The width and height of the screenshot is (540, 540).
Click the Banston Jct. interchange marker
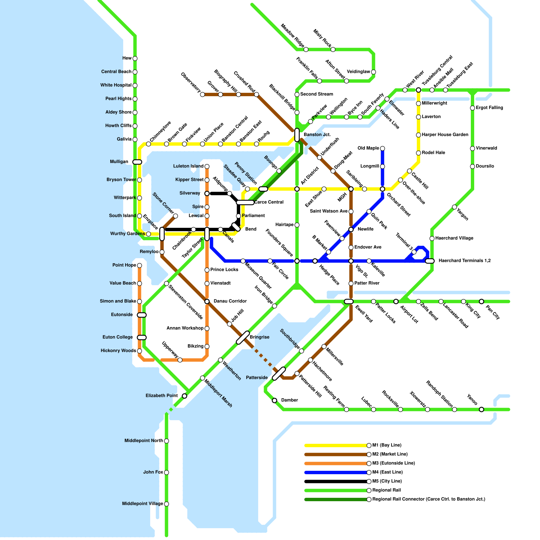pyautogui.click(x=297, y=135)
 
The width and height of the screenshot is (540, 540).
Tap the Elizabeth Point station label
pyautogui.click(x=162, y=396)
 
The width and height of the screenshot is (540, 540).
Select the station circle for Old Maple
pyautogui.click(x=382, y=148)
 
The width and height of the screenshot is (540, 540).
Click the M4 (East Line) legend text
pyautogui.click(x=387, y=472)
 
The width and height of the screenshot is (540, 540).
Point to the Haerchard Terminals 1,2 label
pyautogui.click(x=464, y=261)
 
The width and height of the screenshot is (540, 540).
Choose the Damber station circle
pyautogui.click(x=274, y=401)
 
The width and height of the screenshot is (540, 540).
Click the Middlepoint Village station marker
pyautogui.click(x=166, y=504)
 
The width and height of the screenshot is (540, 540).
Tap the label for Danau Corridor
pyautogui.click(x=230, y=301)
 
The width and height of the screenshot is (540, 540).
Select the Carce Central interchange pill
pyautogui.click(x=245, y=202)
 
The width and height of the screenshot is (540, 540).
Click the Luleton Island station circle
pyautogui.click(x=207, y=166)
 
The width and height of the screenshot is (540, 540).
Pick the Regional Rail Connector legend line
pyautogui.click(x=335, y=499)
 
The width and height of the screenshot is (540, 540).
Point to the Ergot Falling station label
pyautogui.click(x=489, y=108)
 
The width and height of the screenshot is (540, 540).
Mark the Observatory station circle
pyautogui.click(x=202, y=94)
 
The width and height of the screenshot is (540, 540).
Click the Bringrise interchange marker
pyautogui.click(x=243, y=337)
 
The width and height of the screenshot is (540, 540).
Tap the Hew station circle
pyautogui.click(x=135, y=58)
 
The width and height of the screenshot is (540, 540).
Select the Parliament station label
pyautogui.click(x=253, y=216)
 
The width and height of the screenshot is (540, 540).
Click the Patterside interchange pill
pyautogui.click(x=279, y=374)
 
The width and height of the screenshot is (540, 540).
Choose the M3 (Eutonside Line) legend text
pyautogui.click(x=394, y=463)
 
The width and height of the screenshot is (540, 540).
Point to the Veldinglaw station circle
pyautogui.click(x=373, y=72)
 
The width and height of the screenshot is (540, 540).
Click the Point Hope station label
pyautogui.click(x=124, y=265)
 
